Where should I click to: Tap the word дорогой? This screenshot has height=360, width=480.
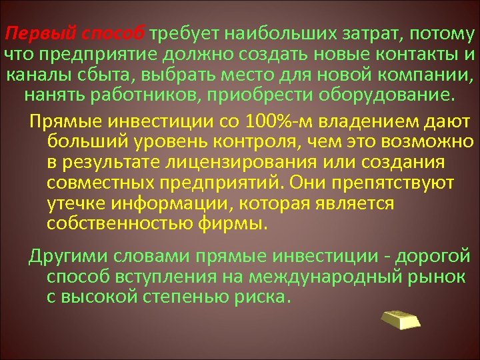coord(435,257)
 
